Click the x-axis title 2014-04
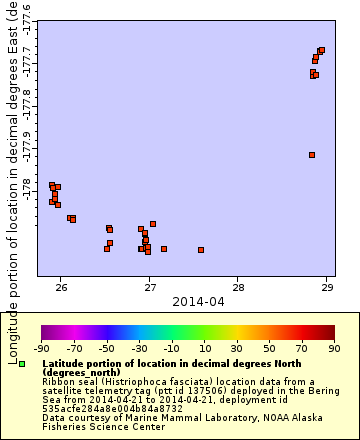194,300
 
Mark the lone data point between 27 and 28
201,250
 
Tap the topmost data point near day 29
321,50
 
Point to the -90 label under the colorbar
41,349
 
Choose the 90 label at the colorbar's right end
333,349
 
